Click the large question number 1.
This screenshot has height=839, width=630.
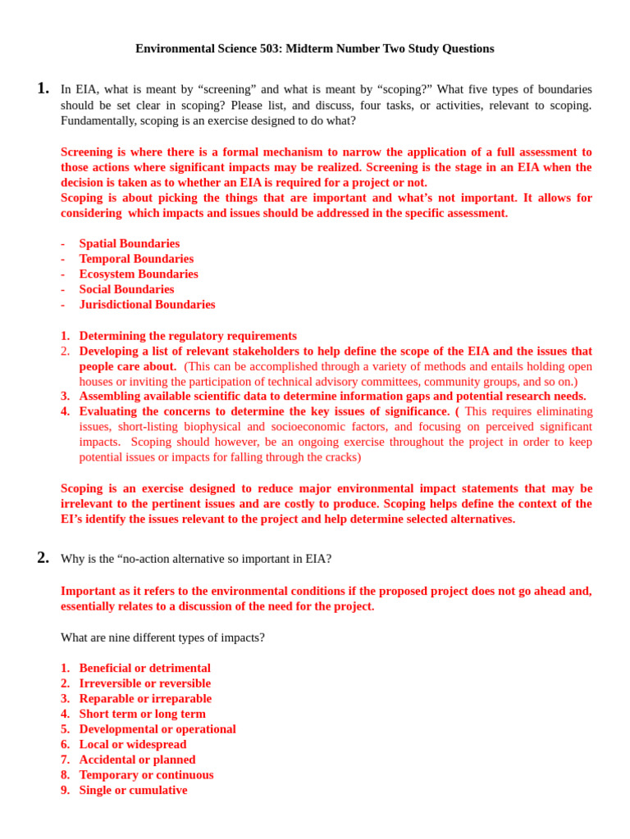[43, 88]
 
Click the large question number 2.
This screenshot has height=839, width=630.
[43, 558]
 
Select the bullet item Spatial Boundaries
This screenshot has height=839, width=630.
[129, 243]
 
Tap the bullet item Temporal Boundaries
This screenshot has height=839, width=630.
[136, 259]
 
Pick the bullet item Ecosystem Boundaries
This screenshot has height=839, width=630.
[139, 274]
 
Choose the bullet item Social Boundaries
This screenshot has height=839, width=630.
[126, 289]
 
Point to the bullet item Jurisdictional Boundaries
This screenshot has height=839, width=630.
[147, 305]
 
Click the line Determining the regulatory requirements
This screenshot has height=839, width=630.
[188, 336]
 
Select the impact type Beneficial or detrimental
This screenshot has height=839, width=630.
[144, 669]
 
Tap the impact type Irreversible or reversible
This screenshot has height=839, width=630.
[144, 683]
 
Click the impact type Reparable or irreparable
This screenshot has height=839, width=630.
[145, 699]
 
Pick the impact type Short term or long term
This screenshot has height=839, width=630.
[142, 714]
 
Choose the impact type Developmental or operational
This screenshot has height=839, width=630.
[157, 729]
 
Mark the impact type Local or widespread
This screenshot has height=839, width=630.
[133, 745]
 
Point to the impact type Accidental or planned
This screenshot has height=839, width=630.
[137, 760]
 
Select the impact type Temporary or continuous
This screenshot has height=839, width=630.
[146, 775]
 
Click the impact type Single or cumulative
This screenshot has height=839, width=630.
[133, 791]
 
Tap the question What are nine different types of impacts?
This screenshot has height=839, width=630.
[162, 637]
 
